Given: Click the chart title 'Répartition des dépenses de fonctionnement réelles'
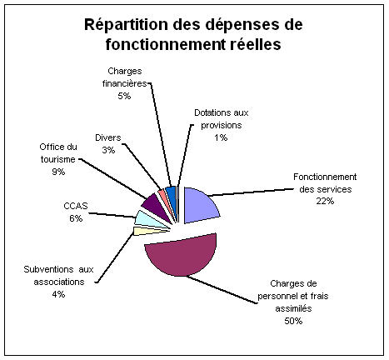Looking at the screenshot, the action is (193, 34).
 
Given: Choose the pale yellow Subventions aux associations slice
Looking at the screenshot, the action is (144, 231).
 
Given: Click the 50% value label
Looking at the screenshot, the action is (293, 321).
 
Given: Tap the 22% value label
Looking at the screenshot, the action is (325, 201).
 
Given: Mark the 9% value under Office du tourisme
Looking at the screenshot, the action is (58, 172).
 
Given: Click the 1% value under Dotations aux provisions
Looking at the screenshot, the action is (221, 137).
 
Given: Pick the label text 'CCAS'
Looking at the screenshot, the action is (76, 206).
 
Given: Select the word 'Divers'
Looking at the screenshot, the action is (108, 137).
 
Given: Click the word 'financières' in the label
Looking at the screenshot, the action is (124, 83).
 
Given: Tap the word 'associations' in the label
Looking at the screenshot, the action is (59, 282).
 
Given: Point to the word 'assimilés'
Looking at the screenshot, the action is (293, 308).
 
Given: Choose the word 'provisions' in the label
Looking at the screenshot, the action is (222, 125).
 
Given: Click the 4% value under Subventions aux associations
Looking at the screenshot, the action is (58, 294).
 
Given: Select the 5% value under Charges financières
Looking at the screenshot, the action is (124, 96).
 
